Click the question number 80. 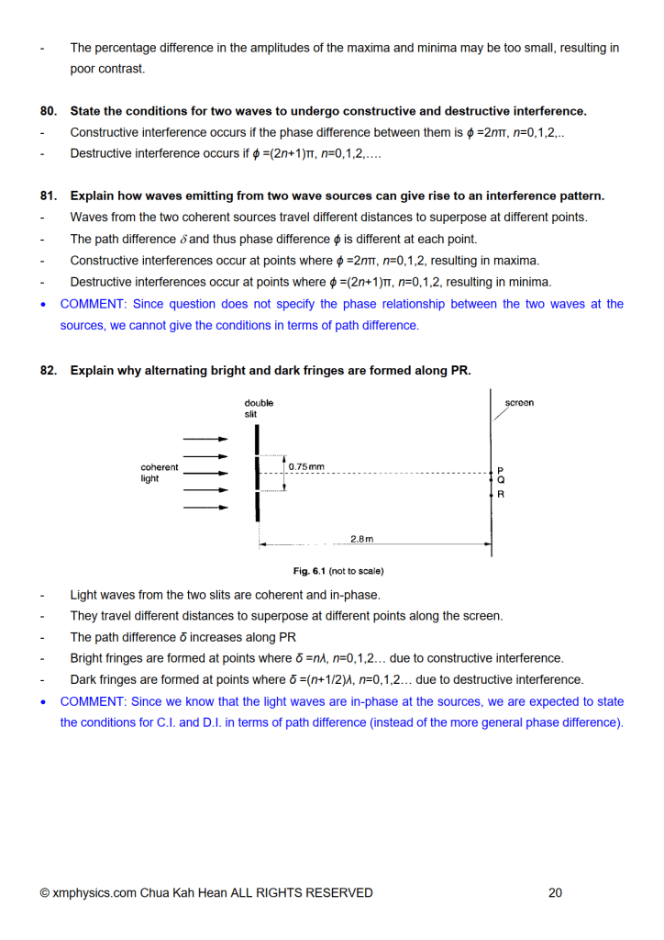pyautogui.click(x=48, y=111)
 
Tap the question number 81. pyautogui.click(x=48, y=196)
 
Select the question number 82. pyautogui.click(x=48, y=371)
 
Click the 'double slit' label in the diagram pyautogui.click(x=259, y=408)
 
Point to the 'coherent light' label pyautogui.click(x=160, y=473)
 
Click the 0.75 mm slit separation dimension pyautogui.click(x=305, y=467)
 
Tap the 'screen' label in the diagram pyautogui.click(x=519, y=403)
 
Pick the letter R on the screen pyautogui.click(x=501, y=494)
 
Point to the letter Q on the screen pyautogui.click(x=501, y=480)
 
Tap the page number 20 pyautogui.click(x=555, y=892)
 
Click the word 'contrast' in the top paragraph pyautogui.click(x=121, y=69)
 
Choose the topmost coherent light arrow pyautogui.click(x=205, y=439)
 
